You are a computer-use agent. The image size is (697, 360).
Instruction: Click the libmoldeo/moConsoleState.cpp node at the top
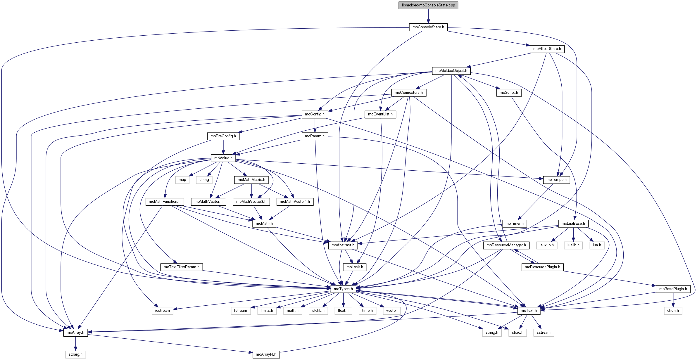coord(428,5)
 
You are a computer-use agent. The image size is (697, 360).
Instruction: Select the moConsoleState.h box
coord(428,27)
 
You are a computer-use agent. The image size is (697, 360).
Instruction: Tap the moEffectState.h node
coord(547,49)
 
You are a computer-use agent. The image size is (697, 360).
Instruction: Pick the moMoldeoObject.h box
coord(451,71)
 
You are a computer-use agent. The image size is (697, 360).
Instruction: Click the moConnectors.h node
coord(408,93)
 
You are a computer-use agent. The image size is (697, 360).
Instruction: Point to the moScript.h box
coord(509,93)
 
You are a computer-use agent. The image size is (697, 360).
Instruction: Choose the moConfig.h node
coord(315,114)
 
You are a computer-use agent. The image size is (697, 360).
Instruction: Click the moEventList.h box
coord(380,114)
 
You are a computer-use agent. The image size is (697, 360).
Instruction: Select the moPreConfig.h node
coord(223,136)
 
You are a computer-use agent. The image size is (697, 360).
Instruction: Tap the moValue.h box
coord(223,158)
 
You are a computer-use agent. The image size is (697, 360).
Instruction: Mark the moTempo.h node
coord(556,180)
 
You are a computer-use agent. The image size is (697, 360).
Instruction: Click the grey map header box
coord(182,180)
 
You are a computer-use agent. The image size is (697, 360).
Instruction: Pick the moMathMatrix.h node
coord(251,180)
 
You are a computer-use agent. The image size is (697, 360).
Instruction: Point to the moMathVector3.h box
coord(251,202)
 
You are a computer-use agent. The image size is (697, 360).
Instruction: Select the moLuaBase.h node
coord(573,224)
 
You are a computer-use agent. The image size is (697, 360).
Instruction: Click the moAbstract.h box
coord(343,245)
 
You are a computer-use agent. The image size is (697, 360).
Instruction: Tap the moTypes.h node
coord(343,289)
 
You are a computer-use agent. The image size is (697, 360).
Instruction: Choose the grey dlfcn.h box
coord(673,311)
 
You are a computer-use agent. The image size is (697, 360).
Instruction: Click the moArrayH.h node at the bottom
coord(266,354)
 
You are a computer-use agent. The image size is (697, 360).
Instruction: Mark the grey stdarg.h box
coord(75,354)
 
